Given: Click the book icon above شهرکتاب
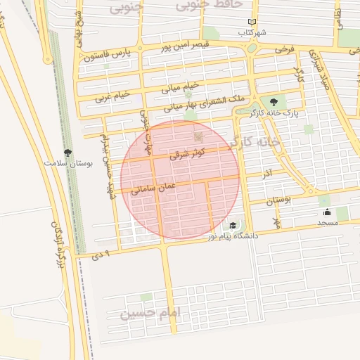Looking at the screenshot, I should [x=252, y=22].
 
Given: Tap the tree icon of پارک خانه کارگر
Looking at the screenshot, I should [x=274, y=103].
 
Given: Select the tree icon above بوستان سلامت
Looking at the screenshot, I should [x=67, y=152].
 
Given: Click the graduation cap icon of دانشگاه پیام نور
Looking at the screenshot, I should [x=232, y=226].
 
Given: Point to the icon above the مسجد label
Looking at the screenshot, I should [x=326, y=212].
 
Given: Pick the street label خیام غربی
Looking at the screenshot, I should [x=112, y=94].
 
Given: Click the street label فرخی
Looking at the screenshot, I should [x=284, y=51].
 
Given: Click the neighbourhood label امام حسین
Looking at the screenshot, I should [x=150, y=311].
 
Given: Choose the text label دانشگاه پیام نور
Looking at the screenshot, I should [x=233, y=236].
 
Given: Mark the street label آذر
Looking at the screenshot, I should [x=266, y=173].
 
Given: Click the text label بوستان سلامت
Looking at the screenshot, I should [x=68, y=163].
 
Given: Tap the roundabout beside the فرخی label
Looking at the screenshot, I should [x=252, y=48].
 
